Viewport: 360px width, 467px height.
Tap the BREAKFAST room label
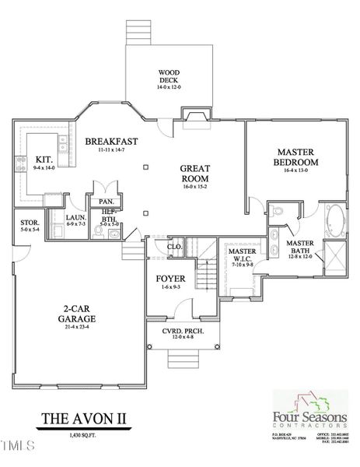coord(111,141)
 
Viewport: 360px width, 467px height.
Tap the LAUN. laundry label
coord(75,218)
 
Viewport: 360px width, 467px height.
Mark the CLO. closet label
coord(175,248)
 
